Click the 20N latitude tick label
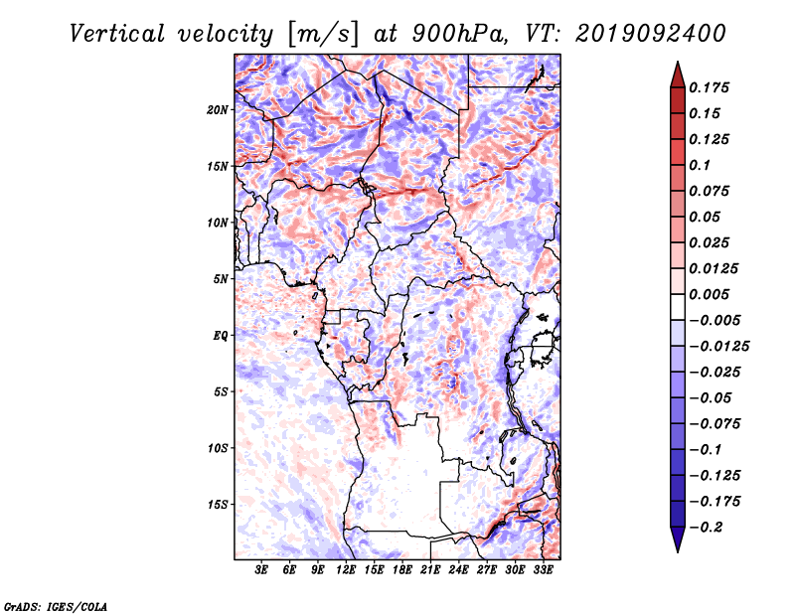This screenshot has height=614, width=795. [x=217, y=109]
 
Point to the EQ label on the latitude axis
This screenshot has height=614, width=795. [x=220, y=336]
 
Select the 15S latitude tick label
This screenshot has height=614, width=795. [x=217, y=505]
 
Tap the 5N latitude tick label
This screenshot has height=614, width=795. [x=221, y=279]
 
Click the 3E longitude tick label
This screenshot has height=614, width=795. [x=261, y=570]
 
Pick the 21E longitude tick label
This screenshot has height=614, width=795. [x=430, y=570]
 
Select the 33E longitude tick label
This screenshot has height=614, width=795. [x=543, y=570]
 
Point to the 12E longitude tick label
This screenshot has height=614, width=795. [x=345, y=570]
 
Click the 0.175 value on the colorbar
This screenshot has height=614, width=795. [x=709, y=87]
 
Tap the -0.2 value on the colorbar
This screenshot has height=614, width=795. [x=706, y=528]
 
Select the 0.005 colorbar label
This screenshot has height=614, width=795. [x=709, y=294]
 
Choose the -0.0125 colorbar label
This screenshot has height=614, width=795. [x=718, y=347]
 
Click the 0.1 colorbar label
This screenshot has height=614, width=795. [x=700, y=165]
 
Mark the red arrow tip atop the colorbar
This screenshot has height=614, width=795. [x=678, y=63]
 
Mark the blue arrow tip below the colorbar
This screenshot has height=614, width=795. [x=678, y=551]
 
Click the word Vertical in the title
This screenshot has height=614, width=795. [x=116, y=34]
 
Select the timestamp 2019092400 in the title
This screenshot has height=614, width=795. [x=651, y=34]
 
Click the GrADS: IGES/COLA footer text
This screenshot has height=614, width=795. [x=56, y=606]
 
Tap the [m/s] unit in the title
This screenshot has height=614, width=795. [x=324, y=35]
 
